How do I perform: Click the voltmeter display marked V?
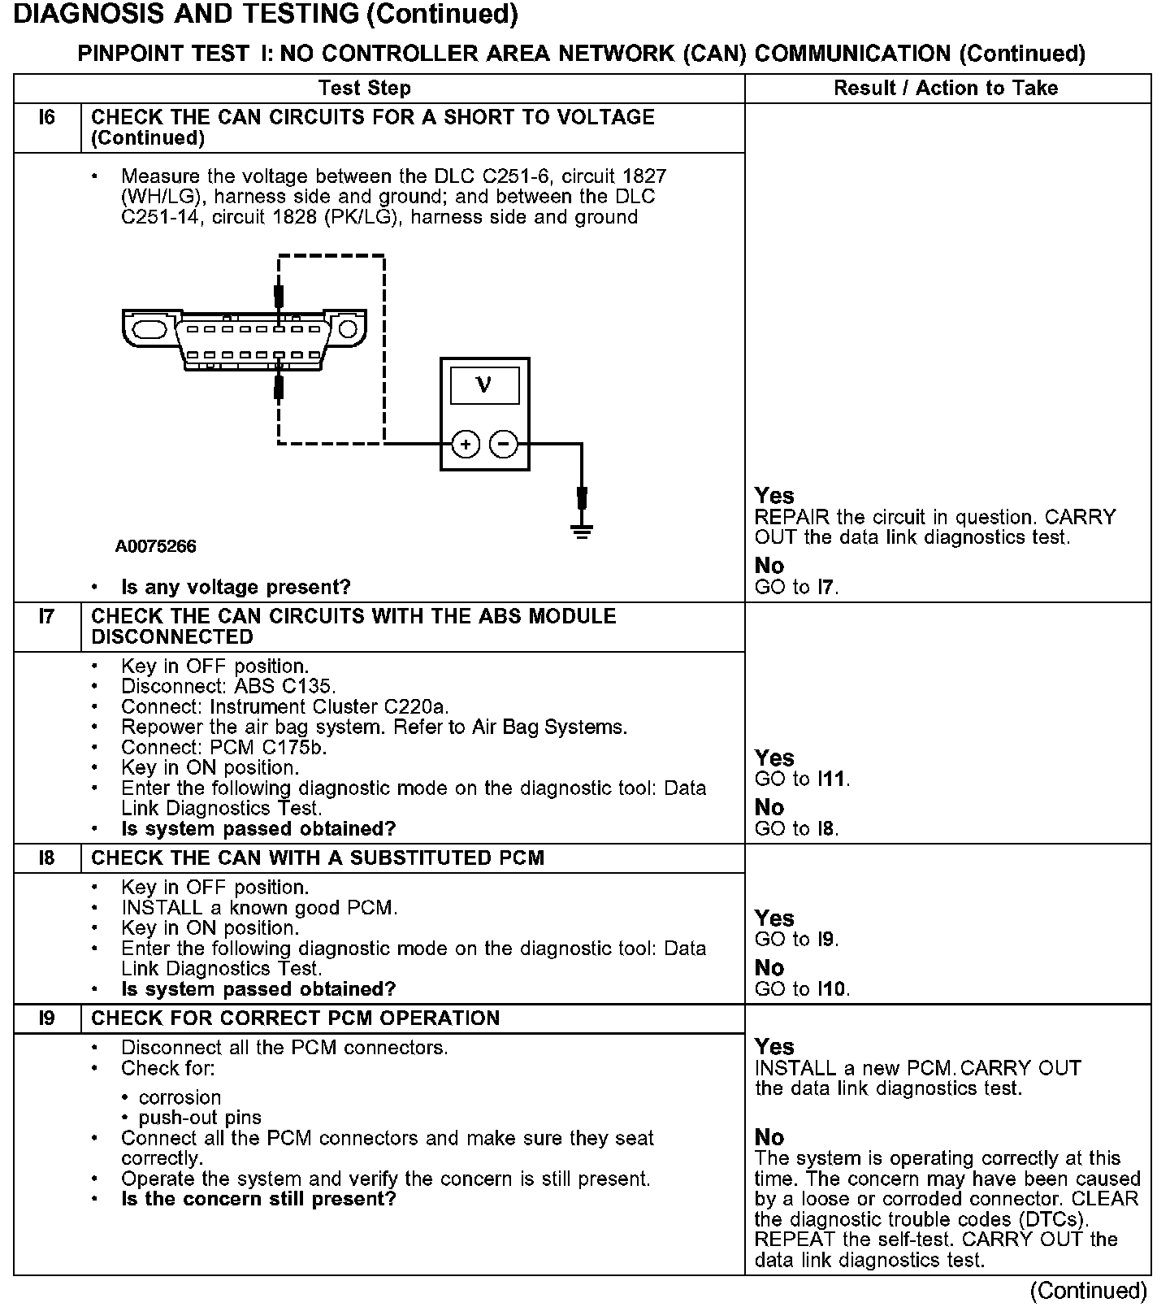(484, 384)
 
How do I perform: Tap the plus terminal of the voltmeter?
(466, 444)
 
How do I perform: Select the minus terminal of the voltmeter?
(504, 444)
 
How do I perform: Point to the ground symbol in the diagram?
(582, 531)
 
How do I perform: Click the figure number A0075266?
(155, 546)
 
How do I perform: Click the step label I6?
(47, 118)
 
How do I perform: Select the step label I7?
(47, 617)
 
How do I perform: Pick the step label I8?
(47, 858)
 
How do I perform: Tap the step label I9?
(47, 1018)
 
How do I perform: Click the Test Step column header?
(365, 88)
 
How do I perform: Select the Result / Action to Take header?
(946, 88)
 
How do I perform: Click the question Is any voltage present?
(236, 587)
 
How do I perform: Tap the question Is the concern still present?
(258, 1199)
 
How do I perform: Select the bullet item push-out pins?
(200, 1118)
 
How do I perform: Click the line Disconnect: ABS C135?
(228, 686)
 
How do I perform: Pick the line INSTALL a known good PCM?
(259, 908)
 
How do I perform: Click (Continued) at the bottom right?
(1088, 1291)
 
